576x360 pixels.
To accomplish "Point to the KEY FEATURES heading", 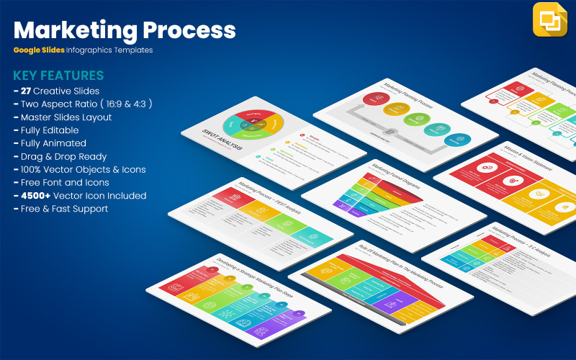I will point(58,76).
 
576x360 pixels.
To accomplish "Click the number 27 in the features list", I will point(27,91).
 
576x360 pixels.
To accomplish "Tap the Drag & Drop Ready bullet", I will point(63,156).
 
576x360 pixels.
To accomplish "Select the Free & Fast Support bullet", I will point(64,209).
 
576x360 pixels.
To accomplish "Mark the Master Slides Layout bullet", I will point(66,117).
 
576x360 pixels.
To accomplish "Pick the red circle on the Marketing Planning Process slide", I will point(375,99).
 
